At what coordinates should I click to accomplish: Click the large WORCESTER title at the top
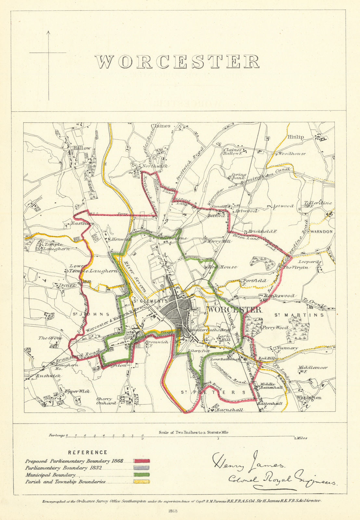pyautogui.click(x=177, y=61)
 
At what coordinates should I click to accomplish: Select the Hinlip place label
pyautogui.click(x=295, y=137)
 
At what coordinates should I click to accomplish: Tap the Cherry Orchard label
pyautogui.click(x=106, y=401)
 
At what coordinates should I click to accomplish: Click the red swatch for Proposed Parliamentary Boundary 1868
pyautogui.click(x=141, y=461)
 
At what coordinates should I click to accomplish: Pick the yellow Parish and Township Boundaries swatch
pyautogui.click(x=141, y=481)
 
